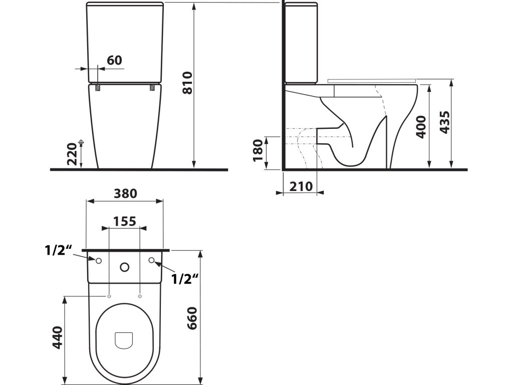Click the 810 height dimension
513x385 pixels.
tap(187, 83)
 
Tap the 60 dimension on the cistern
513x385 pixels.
tap(115, 60)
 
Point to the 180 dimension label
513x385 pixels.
tap(258, 150)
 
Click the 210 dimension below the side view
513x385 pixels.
tap(301, 186)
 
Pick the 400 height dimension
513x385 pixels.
tap(421, 127)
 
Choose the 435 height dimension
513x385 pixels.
tap(444, 122)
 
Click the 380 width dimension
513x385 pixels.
tap(125, 194)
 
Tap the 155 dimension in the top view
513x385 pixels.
tap(125, 222)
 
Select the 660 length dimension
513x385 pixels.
tap(191, 318)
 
